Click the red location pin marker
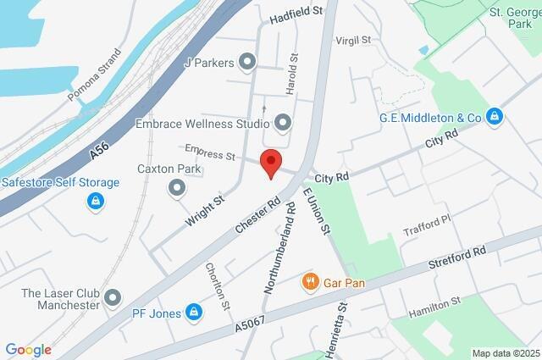click(x=270, y=161)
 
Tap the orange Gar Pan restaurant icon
click(x=311, y=281)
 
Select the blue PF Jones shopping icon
click(x=194, y=313)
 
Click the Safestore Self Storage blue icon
click(x=95, y=202)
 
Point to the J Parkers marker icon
click(x=247, y=61)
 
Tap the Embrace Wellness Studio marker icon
click(x=282, y=124)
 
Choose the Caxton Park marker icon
click(x=177, y=186)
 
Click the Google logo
click(x=28, y=350)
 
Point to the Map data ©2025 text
click(x=505, y=353)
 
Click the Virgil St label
click(x=354, y=40)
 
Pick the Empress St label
click(x=209, y=154)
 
